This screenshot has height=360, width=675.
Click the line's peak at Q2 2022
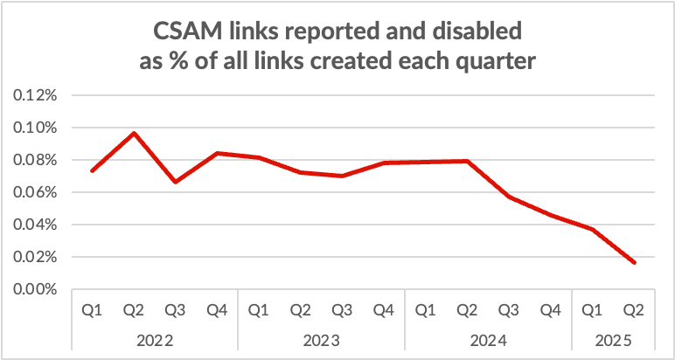point(134,133)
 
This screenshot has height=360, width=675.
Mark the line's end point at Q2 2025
point(634,263)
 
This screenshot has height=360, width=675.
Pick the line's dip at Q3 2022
point(176,182)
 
